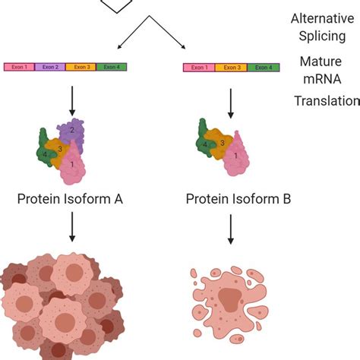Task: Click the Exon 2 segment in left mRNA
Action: pos(50,68)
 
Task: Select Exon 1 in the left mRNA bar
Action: pos(19,68)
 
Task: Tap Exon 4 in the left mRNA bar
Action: pos(111,68)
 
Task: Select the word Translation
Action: pos(327,100)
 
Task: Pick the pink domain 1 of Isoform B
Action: pos(238,155)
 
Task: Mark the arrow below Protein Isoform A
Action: pos(71,227)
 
